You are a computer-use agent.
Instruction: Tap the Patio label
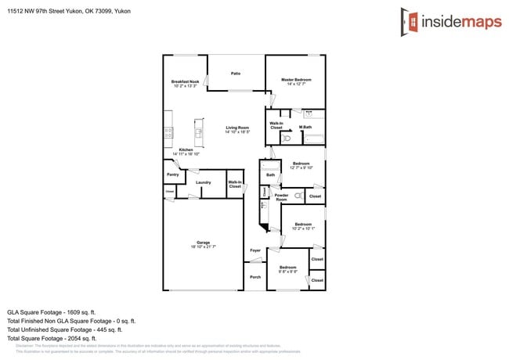(x=235, y=74)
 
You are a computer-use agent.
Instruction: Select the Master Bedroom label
(x=296, y=80)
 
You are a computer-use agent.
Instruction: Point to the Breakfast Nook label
(x=186, y=81)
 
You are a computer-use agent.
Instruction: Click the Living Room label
(x=237, y=128)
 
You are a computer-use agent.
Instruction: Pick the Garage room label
(x=203, y=243)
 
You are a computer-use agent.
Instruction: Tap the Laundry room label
(x=204, y=182)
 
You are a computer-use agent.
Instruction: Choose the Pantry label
(x=173, y=175)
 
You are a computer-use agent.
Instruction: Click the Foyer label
(x=255, y=250)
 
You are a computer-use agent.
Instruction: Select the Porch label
(x=255, y=277)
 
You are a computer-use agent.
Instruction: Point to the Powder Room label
(x=281, y=197)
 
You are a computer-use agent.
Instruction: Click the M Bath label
(x=305, y=128)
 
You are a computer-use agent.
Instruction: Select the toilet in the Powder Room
(x=298, y=193)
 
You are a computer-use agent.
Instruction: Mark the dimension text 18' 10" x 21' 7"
(x=203, y=247)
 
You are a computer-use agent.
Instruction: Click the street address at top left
(x=69, y=12)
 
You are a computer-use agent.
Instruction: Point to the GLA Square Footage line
(x=52, y=311)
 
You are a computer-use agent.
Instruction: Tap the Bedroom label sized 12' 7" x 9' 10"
(x=301, y=165)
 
